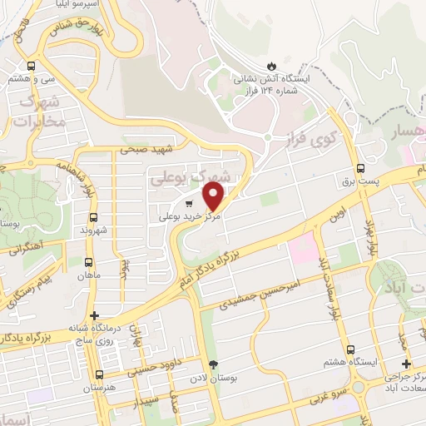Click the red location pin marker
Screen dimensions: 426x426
[214, 196]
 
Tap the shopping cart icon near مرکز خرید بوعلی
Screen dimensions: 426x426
[190, 203]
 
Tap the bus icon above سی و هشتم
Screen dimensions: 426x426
[32, 66]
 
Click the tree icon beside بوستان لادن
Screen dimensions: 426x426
[214, 364]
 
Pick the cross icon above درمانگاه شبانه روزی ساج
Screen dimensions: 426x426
[96, 316]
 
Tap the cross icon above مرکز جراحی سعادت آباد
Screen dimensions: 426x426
[406, 364]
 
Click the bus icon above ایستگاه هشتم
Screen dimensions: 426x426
[350, 350]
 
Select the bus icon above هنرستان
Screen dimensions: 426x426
[100, 375]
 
